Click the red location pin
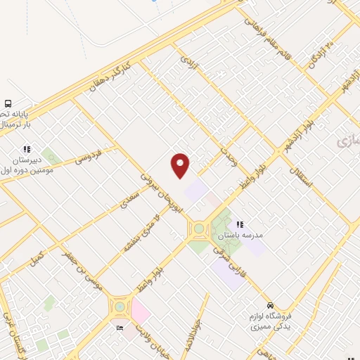coord(181,165)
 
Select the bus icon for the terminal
coord(8,103)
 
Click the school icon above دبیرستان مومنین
coord(27,149)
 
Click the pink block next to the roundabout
coord(141,310)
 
